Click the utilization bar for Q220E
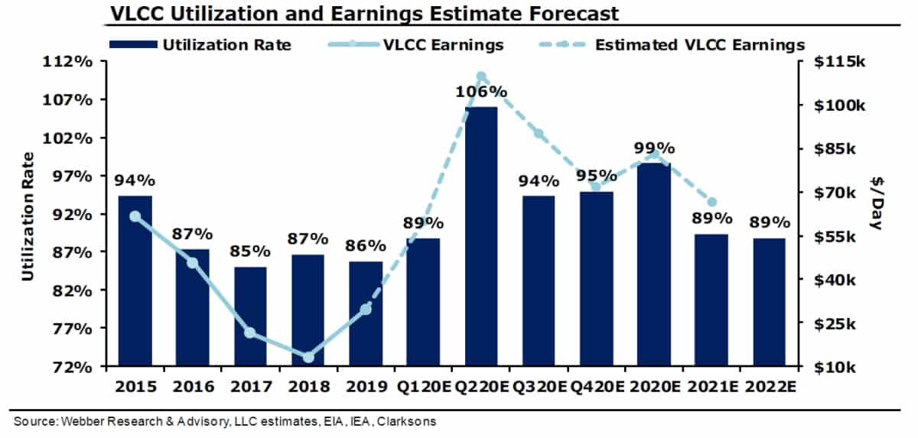pos(481,237)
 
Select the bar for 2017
pos(250,316)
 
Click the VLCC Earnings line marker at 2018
pos(308,357)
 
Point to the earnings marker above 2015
pos(135,216)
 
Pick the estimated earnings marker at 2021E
pos(712,202)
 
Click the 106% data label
pos(481,92)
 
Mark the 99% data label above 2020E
pos(655,148)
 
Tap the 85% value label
pos(250,251)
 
